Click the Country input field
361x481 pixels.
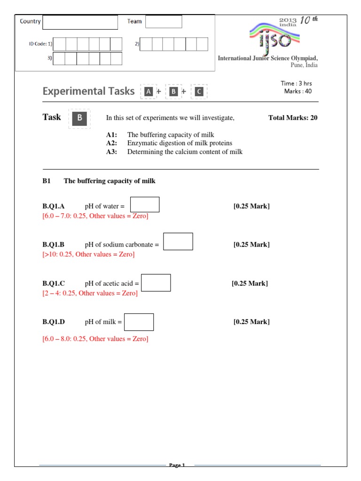(80, 22)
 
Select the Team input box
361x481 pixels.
(163, 22)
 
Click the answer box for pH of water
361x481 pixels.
(145, 205)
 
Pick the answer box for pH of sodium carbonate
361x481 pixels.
(178, 241)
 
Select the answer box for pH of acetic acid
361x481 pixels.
(156, 283)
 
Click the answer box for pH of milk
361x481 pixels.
(139, 322)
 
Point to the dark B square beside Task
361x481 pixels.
(79, 118)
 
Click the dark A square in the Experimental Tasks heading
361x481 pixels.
(149, 92)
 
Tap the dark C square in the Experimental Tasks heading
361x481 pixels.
(199, 92)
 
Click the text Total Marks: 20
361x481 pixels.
(292, 118)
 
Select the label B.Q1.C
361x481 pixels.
(54, 283)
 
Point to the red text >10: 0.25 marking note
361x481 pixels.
(88, 254)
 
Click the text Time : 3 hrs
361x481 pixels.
(296, 84)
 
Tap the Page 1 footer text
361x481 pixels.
(177, 465)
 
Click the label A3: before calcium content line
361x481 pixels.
(111, 152)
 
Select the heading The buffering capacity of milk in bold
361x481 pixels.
(110, 181)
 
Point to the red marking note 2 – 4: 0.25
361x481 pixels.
(90, 293)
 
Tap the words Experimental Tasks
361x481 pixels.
(88, 91)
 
